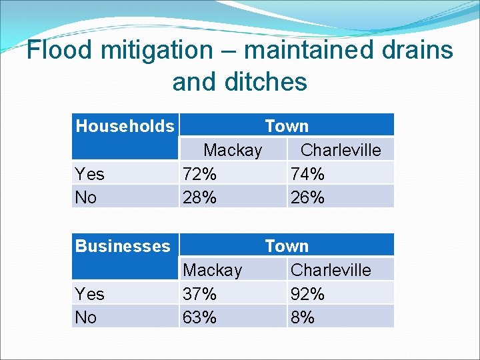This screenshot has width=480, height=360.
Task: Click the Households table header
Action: [x=125, y=126]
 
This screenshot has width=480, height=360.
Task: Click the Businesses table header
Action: [x=123, y=246]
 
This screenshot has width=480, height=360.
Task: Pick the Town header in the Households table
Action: [x=287, y=126]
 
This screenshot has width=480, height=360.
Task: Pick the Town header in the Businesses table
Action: [x=287, y=246]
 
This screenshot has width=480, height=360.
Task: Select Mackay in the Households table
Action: [x=233, y=150]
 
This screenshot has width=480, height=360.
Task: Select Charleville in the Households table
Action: [x=341, y=150]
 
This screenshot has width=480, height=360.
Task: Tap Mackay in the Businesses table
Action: [x=212, y=270]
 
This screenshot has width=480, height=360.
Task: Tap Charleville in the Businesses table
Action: [x=331, y=270]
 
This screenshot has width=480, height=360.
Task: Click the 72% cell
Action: [x=199, y=174]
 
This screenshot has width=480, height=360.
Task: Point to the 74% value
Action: [x=307, y=174]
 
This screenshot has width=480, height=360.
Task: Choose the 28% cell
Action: [x=199, y=197]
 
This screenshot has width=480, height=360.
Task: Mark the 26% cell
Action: [x=307, y=197]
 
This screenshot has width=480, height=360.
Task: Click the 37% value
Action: [x=199, y=294]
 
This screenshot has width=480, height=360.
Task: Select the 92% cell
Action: [x=307, y=294]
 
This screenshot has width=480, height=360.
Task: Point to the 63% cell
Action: [x=199, y=317]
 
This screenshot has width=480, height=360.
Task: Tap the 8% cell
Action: [x=303, y=317]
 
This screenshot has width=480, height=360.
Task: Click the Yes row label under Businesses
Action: [x=90, y=294]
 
